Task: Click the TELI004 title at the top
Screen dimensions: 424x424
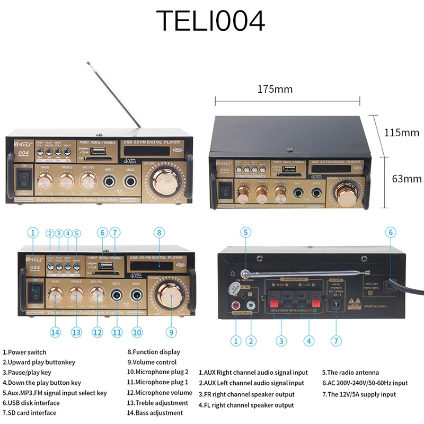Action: [x=211, y=22]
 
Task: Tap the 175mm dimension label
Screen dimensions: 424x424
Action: [x=275, y=89]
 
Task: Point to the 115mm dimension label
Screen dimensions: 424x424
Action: [x=401, y=132]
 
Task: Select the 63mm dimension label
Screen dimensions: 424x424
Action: [x=407, y=179]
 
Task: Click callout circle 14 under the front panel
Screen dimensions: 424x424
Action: [x=55, y=332]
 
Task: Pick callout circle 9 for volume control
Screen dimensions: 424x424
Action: [x=171, y=332]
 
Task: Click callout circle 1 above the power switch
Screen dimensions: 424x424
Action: [x=33, y=232]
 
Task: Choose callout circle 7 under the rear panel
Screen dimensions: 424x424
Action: [x=335, y=340]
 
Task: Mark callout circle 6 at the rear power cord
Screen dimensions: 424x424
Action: [x=391, y=232]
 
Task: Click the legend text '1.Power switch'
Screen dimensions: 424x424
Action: [x=24, y=352]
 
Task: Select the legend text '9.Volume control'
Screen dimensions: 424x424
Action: [x=152, y=362]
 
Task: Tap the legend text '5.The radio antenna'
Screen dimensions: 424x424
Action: [x=350, y=373]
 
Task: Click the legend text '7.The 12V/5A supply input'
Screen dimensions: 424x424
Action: [x=359, y=394]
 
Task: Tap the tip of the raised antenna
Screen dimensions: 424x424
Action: [x=87, y=63]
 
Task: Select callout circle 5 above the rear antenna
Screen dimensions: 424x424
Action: [x=245, y=232]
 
